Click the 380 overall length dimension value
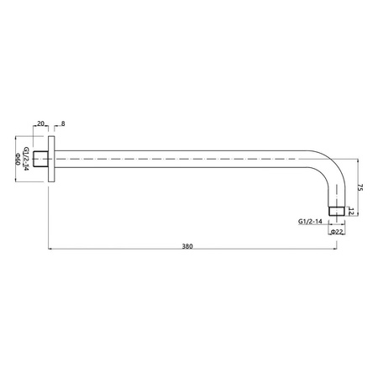point(187,246)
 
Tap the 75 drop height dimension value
point(360,187)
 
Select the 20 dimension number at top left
point(41,123)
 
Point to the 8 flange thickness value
point(63,123)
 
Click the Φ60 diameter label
point(18,159)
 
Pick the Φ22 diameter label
point(337,232)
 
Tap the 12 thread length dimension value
point(352,212)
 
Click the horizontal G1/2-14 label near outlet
point(310,221)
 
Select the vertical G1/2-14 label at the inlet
point(26,159)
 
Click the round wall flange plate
point(51,159)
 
